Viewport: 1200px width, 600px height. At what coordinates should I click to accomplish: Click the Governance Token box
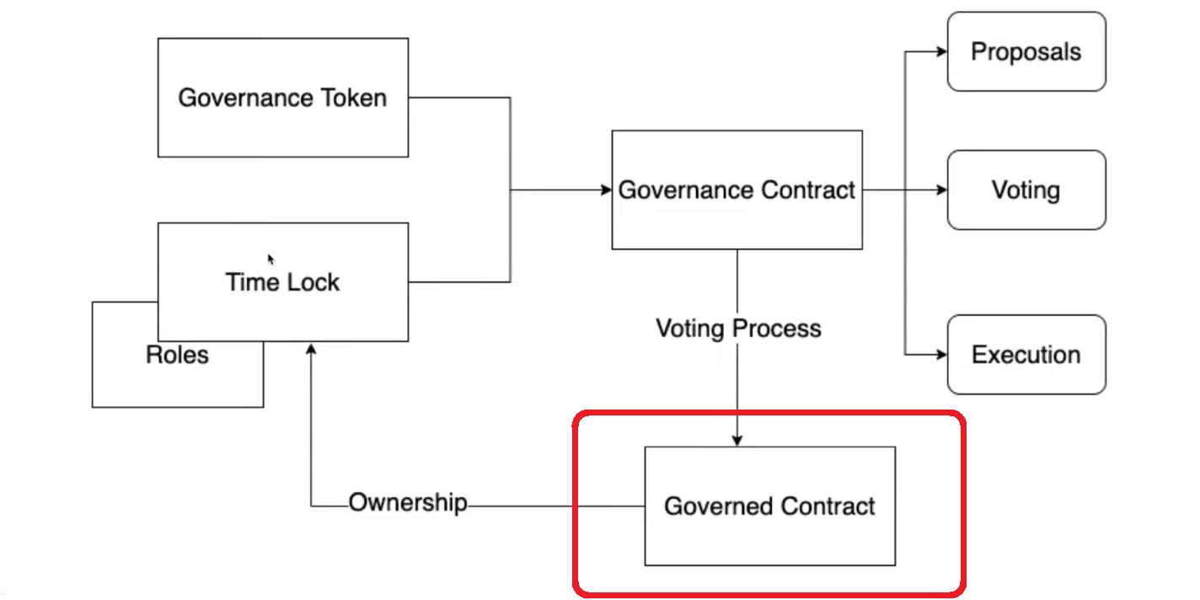pos(282,98)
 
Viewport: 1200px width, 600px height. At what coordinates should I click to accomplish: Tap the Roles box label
pos(177,355)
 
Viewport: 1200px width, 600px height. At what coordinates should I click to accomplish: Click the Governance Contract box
pos(737,190)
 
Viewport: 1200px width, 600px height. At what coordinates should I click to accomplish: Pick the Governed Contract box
pos(769,506)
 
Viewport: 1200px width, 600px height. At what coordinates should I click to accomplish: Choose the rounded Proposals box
pos(1026,51)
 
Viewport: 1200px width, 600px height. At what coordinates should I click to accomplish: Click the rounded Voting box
pos(1026,190)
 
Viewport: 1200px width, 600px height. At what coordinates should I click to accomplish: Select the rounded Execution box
pos(1026,355)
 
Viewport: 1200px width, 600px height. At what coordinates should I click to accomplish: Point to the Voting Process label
pos(738,328)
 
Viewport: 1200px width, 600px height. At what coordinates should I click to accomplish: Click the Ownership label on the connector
pos(408,503)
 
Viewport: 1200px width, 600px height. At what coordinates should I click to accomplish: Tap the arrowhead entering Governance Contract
pos(606,190)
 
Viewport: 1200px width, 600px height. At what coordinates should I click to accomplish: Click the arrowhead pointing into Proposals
pos(941,51)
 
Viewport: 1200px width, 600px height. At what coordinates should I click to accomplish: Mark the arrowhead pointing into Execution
pos(941,355)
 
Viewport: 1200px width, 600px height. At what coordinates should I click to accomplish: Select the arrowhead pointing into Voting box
pos(941,190)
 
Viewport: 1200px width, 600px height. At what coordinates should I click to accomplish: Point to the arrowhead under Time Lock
pos(311,348)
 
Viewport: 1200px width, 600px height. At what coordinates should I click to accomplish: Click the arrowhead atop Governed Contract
pos(737,441)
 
